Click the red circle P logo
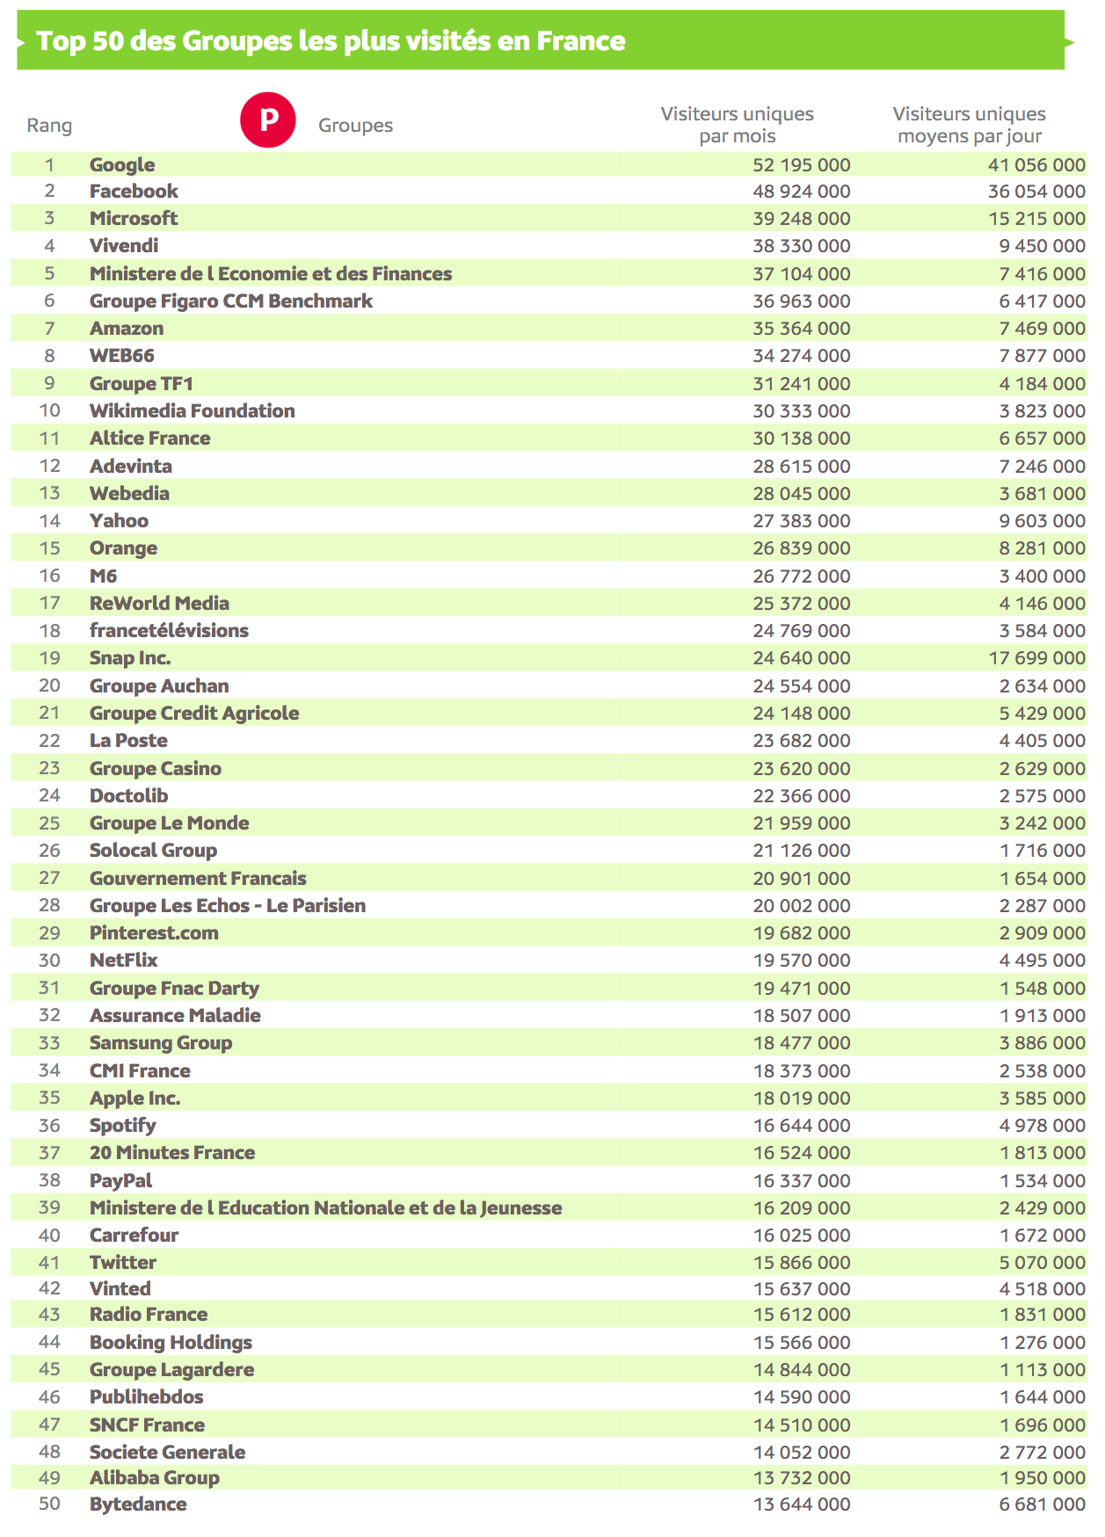(x=267, y=120)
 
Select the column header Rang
(x=49, y=126)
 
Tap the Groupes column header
(x=355, y=126)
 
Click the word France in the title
(x=581, y=40)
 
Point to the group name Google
(x=122, y=164)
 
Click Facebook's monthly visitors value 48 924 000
(x=801, y=192)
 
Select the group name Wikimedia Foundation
(x=192, y=410)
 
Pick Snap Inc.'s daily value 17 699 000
(x=1036, y=657)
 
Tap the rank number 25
(x=49, y=823)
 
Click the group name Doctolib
(x=128, y=795)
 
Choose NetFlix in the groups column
(x=123, y=960)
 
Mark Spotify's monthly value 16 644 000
(x=801, y=1125)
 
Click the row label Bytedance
(x=138, y=1504)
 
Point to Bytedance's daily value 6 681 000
(x=1042, y=1504)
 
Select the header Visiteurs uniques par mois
(x=737, y=125)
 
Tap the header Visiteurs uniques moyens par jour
(x=969, y=125)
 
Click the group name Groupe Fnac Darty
(x=174, y=988)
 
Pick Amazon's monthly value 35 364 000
(x=801, y=328)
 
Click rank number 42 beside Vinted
(x=49, y=1288)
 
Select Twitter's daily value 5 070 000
(x=1042, y=1262)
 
